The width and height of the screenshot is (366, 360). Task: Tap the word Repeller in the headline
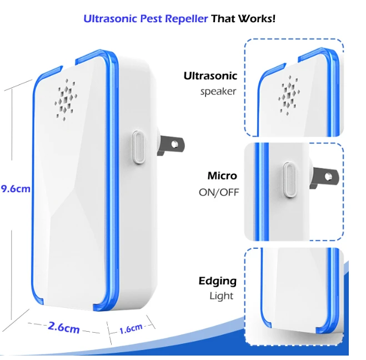pyautogui.click(x=186, y=19)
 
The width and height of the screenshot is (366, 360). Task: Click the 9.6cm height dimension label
pyautogui.click(x=16, y=189)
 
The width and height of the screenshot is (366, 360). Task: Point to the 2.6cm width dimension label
pyautogui.click(x=64, y=327)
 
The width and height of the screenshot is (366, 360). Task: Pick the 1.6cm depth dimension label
pyautogui.click(x=131, y=329)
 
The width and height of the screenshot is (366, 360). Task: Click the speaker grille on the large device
pyautogui.click(x=66, y=100)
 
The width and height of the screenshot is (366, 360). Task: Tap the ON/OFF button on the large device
pyautogui.click(x=138, y=147)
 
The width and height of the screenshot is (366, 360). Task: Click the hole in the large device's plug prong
pyautogui.click(x=174, y=145)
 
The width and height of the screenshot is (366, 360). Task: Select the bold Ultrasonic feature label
pyautogui.click(x=210, y=76)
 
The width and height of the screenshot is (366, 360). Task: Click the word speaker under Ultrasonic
pyautogui.click(x=218, y=92)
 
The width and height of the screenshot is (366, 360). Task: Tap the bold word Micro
pyautogui.click(x=222, y=176)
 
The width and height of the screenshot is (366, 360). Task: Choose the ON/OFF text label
pyautogui.click(x=219, y=192)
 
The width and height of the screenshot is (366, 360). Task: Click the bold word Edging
pyautogui.click(x=218, y=282)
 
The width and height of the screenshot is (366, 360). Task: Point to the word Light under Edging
pyautogui.click(x=221, y=296)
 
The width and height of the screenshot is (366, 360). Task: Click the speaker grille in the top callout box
pyautogui.click(x=289, y=95)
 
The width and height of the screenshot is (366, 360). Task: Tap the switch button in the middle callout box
pyautogui.click(x=289, y=180)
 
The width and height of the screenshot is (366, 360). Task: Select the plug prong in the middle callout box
pyautogui.click(x=324, y=177)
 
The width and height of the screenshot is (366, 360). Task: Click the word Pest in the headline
pyautogui.click(x=151, y=19)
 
